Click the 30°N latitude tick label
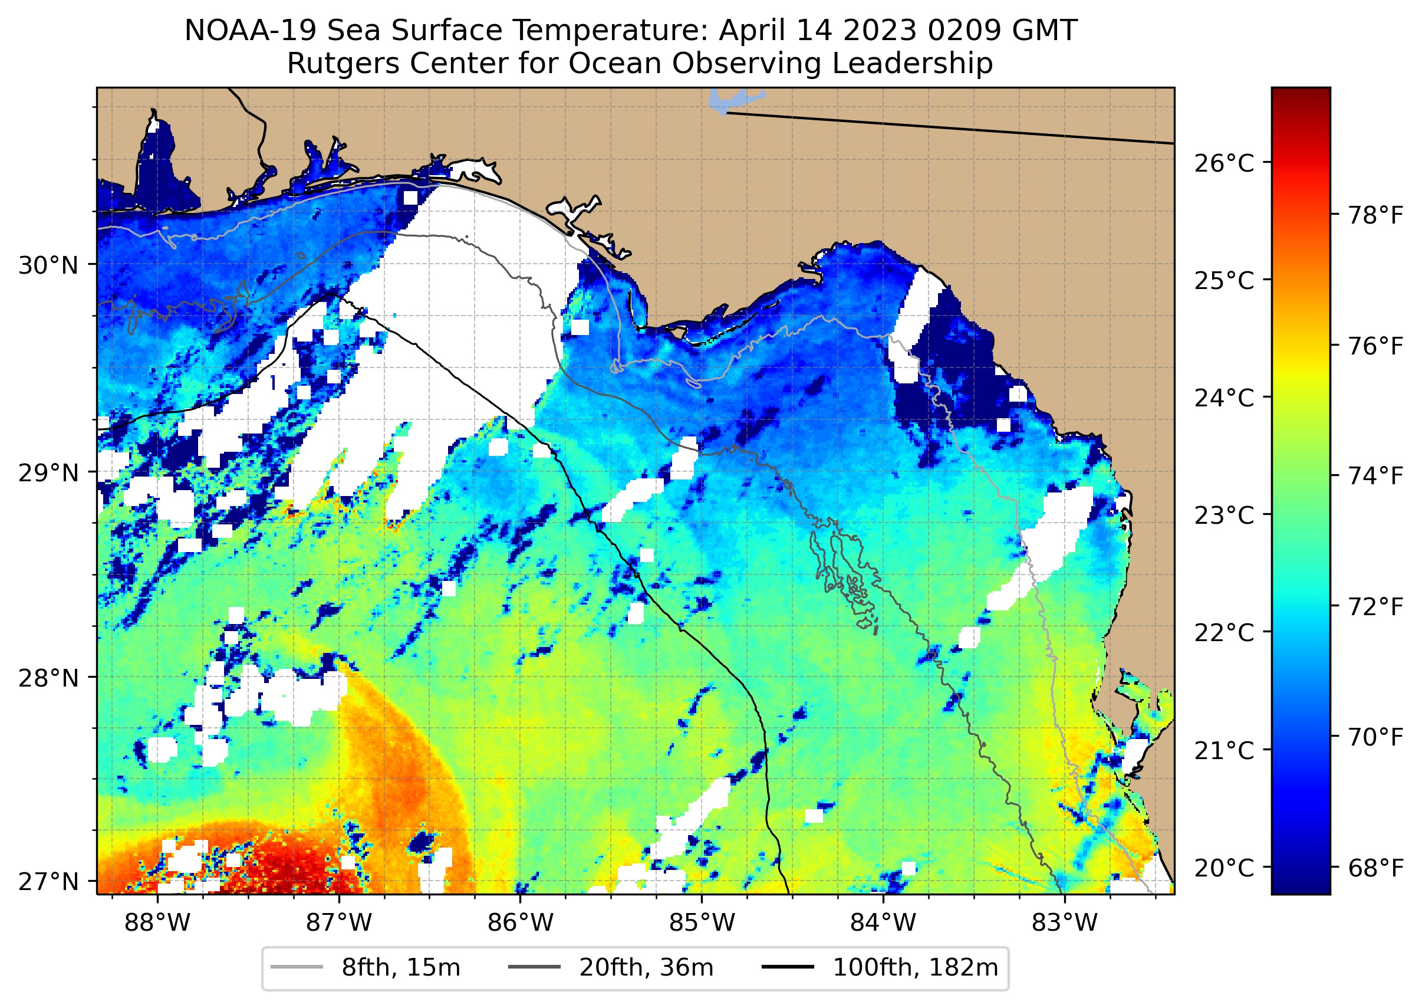pos(48,265)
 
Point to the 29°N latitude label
pos(48,473)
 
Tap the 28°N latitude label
pos(48,678)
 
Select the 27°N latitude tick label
pos(48,881)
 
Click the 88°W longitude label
pos(157,923)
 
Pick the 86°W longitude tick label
pos(520,923)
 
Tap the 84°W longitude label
pos(883,923)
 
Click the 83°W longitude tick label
pos(1065,923)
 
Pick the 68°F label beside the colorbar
pos(1375,868)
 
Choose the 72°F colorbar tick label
pos(1375,607)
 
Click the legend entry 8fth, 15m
pos(400,968)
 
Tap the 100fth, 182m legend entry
pos(914,968)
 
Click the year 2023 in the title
pos(877,31)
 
